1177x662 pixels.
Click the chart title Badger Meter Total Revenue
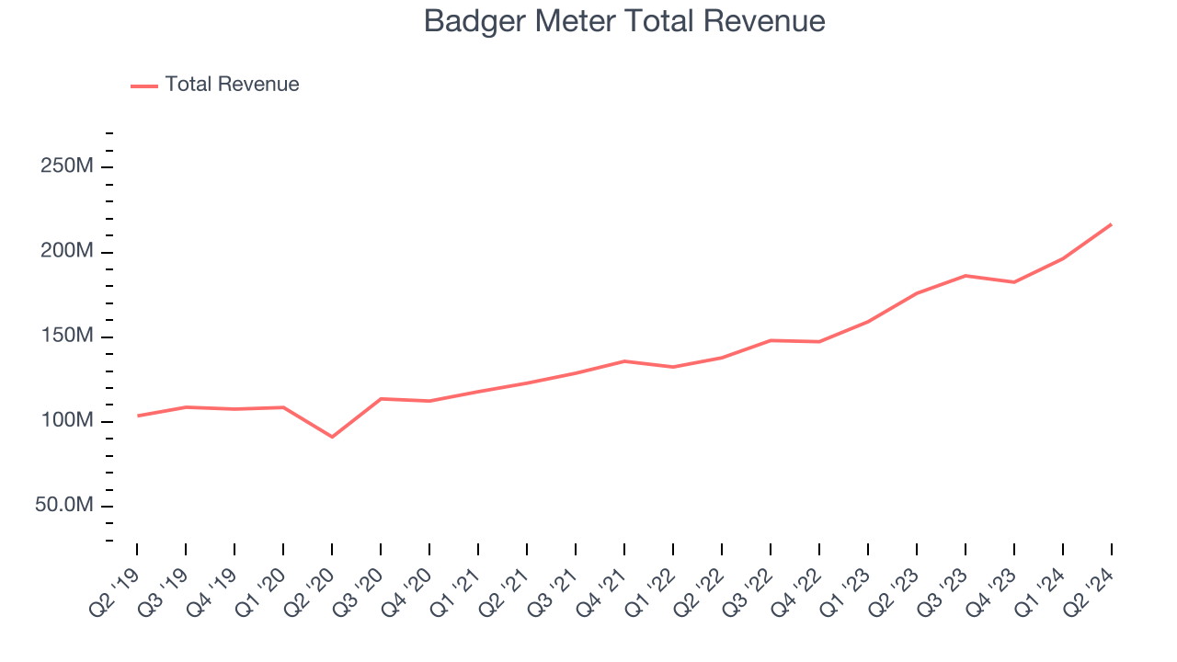click(x=624, y=21)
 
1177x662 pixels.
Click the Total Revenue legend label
click(x=232, y=85)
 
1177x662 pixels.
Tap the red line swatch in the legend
click(x=144, y=86)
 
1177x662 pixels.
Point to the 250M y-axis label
click(x=67, y=167)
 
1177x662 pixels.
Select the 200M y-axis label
click(x=67, y=252)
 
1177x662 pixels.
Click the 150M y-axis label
click(x=67, y=337)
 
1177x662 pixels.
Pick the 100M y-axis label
click(x=67, y=421)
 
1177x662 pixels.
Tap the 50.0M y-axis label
click(x=64, y=506)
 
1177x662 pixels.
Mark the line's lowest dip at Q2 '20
click(x=332, y=437)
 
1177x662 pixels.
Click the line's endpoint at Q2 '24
click(x=1111, y=224)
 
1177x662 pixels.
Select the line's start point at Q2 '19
click(x=138, y=416)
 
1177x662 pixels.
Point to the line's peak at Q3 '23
click(x=966, y=276)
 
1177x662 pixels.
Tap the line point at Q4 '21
click(x=624, y=361)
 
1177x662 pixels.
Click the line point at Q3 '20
click(x=381, y=399)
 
